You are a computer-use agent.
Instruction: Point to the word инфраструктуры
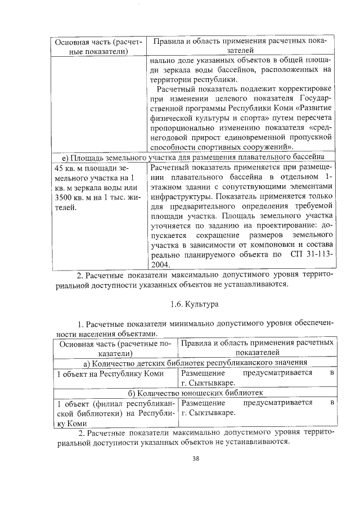[x=180, y=198]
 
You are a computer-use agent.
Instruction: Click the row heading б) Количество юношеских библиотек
[x=195, y=393]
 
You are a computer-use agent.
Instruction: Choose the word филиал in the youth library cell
[x=102, y=403]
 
